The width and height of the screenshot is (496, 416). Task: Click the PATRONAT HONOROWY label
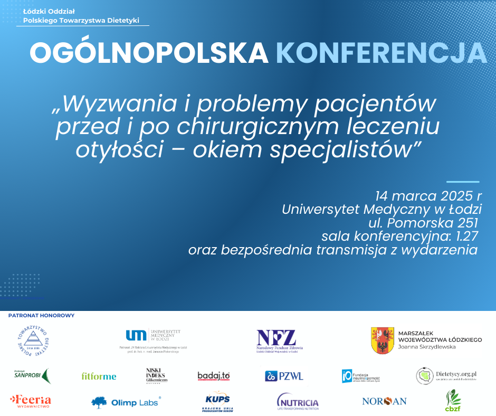click(42, 316)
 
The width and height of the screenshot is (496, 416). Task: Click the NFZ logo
click(276, 338)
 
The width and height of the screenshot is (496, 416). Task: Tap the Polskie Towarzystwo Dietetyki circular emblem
click(33, 339)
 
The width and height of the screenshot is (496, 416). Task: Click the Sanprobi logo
click(31, 375)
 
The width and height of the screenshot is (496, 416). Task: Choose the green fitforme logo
click(99, 376)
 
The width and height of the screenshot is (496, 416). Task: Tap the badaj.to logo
click(214, 376)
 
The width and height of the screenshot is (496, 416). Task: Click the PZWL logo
click(284, 376)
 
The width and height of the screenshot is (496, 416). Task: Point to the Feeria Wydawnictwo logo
click(31, 401)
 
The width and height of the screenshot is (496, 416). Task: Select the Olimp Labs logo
click(126, 402)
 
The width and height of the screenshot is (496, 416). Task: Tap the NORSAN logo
click(384, 401)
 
